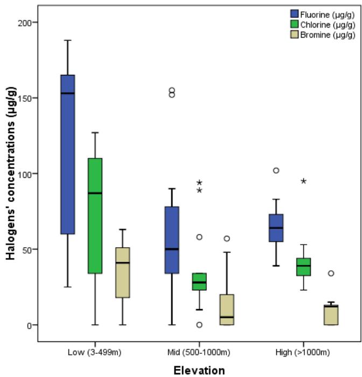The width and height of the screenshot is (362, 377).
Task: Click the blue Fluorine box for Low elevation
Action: (x=67, y=154)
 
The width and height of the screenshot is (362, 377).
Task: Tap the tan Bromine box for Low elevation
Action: (x=122, y=273)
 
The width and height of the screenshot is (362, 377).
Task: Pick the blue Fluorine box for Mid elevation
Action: (x=171, y=240)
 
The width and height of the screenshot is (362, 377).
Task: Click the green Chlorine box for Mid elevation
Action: (x=199, y=282)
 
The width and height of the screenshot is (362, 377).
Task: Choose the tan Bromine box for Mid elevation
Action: (x=227, y=310)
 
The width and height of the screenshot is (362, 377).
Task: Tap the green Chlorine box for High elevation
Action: (x=303, y=267)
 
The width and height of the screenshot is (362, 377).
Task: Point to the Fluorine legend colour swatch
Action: (x=295, y=14)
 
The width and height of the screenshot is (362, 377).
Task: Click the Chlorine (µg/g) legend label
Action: (x=329, y=25)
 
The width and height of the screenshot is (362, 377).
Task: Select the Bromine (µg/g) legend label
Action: (x=329, y=36)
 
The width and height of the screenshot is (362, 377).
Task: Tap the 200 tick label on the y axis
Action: (x=26, y=23)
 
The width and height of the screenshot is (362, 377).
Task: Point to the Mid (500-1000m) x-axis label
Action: (x=199, y=352)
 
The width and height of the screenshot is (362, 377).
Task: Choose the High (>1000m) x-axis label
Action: (x=303, y=352)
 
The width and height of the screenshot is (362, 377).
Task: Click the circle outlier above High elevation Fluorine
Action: (x=276, y=170)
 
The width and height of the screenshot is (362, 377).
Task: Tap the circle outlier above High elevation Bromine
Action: (x=331, y=273)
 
